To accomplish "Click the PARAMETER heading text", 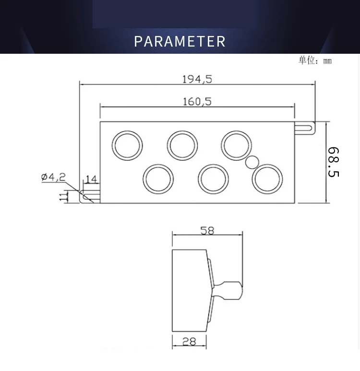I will [180, 41].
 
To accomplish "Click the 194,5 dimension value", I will [197, 80].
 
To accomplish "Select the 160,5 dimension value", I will [197, 101].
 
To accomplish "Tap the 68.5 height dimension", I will [334, 162].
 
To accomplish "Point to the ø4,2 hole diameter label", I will [53, 177].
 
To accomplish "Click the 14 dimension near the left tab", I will [91, 180].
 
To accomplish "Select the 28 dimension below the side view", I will [190, 341].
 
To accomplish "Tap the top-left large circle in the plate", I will [128, 144].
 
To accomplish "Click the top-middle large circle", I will [182, 144].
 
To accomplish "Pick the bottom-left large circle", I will [159, 179].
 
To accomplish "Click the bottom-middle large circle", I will [213, 179].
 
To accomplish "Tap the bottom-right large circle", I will [267, 179].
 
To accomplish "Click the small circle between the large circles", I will [252, 163].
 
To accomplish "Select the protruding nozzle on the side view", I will [229, 290].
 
